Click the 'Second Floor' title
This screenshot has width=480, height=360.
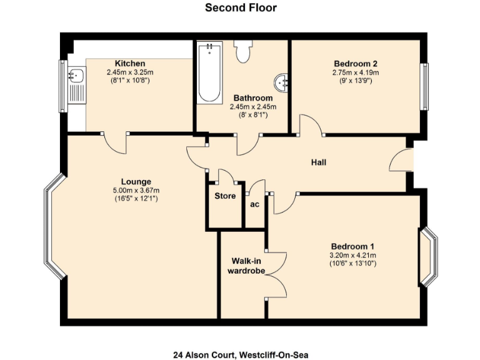(x=241, y=8)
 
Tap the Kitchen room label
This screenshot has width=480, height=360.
(x=130, y=64)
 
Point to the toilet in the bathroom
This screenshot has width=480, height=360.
(x=242, y=52)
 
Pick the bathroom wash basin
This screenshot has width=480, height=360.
(x=282, y=81)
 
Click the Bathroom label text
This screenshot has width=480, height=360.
(x=253, y=98)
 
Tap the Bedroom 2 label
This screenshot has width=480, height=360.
(x=355, y=64)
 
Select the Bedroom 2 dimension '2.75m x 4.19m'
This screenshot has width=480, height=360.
(x=355, y=72)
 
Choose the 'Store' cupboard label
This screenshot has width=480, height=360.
(x=225, y=196)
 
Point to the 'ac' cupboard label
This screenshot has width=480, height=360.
(x=255, y=204)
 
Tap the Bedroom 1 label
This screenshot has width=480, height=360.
(x=353, y=246)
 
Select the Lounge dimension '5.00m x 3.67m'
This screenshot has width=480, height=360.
(x=136, y=191)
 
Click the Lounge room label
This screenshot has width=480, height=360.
(x=136, y=182)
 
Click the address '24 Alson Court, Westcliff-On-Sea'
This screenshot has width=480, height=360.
(x=241, y=354)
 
